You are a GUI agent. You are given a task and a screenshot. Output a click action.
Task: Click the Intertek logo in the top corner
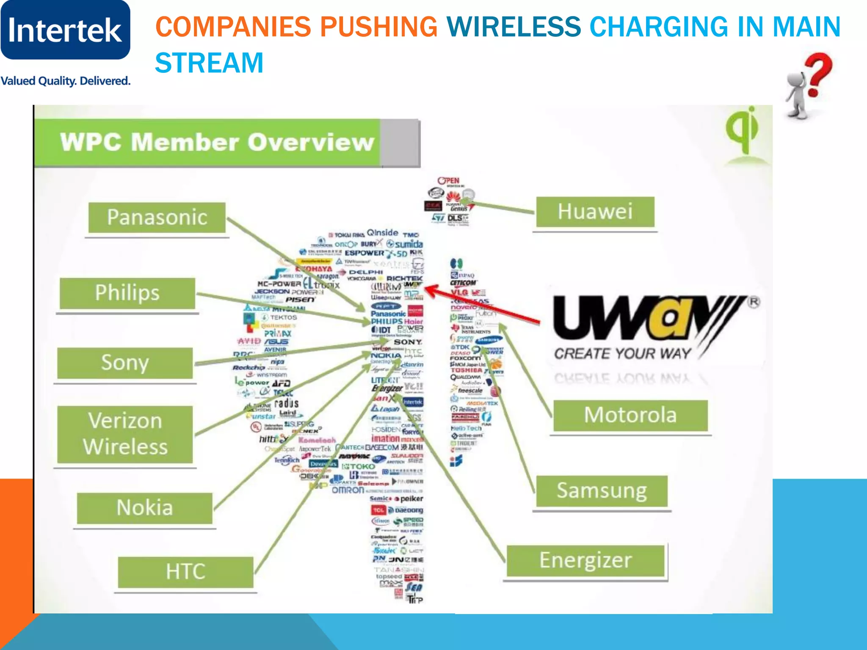[65, 30]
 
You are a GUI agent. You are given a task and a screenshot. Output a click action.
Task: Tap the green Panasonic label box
[157, 218]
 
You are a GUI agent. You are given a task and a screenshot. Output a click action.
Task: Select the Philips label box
[127, 293]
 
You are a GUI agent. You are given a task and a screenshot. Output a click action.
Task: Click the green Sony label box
[125, 363]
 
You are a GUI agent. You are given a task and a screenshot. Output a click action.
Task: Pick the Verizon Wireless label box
[125, 434]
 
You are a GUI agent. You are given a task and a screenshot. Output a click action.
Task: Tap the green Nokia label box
[144, 508]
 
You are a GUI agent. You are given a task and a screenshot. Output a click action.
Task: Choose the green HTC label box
[185, 572]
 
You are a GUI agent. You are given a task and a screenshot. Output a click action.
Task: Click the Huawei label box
[595, 212]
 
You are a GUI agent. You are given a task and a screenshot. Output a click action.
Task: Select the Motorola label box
[630, 415]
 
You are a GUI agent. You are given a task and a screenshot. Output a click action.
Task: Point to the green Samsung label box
[602, 491]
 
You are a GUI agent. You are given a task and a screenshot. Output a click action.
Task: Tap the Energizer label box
[585, 561]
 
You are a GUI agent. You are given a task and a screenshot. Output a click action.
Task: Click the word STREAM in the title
[209, 63]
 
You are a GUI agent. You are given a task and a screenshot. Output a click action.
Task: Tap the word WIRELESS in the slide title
[514, 27]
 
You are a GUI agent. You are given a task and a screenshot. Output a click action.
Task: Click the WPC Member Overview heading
[217, 142]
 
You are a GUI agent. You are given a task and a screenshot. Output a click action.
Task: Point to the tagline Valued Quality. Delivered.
[66, 81]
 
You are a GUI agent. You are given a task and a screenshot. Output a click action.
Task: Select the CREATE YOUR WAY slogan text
[622, 353]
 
